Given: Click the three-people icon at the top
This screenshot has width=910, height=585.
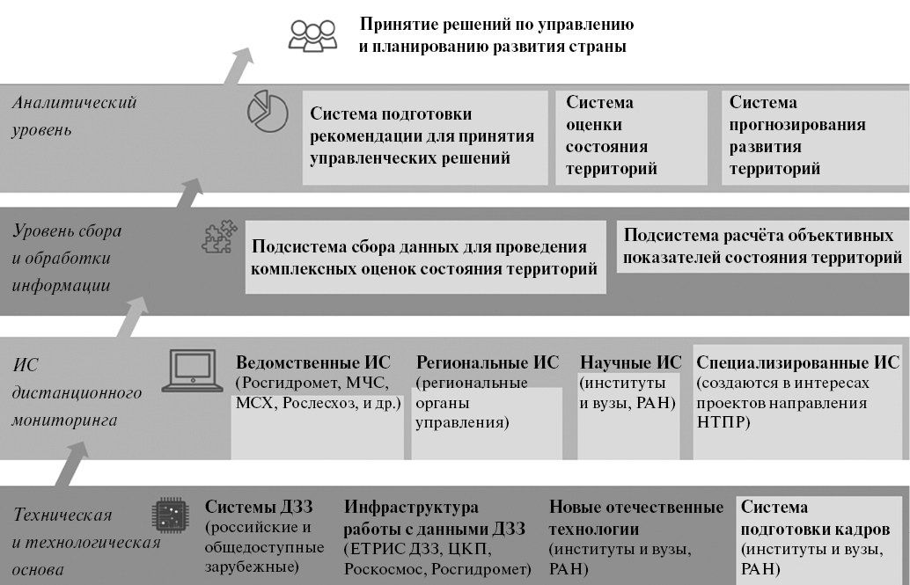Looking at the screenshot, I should click(314, 34).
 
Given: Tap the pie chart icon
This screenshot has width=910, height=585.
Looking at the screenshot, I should click(268, 111).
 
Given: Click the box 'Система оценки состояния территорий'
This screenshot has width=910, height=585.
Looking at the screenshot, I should click(630, 136).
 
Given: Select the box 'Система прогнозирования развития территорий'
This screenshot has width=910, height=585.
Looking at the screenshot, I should click(813, 136).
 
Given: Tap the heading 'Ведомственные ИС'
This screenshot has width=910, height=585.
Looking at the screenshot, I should click(313, 363).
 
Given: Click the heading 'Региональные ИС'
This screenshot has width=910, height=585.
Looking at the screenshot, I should click(488, 363).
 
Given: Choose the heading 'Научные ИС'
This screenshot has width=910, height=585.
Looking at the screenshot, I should click(630, 363).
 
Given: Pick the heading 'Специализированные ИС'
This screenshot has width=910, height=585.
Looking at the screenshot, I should click(797, 363).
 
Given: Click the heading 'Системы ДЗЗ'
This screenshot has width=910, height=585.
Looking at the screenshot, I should click(259, 508).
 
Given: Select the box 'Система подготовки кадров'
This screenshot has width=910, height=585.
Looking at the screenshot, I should click(820, 538).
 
